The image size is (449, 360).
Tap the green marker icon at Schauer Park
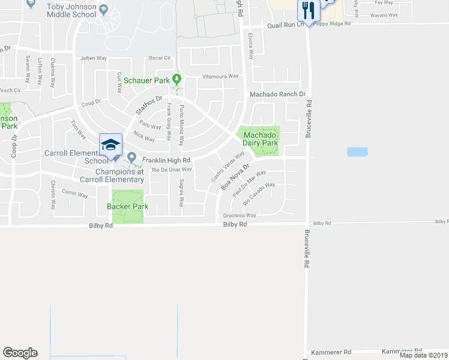(176, 79)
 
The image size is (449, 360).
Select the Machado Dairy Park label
(260, 139)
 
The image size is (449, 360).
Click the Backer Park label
(127, 206)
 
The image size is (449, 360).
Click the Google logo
(20, 353)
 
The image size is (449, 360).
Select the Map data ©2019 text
(423, 355)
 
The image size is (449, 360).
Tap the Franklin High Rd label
(166, 160)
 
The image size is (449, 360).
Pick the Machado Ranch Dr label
(278, 94)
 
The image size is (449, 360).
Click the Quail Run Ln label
(286, 25)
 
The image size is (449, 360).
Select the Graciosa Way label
(240, 215)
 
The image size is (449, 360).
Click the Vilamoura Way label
(220, 76)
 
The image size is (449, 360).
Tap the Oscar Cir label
(160, 58)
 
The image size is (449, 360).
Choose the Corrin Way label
(75, 194)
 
